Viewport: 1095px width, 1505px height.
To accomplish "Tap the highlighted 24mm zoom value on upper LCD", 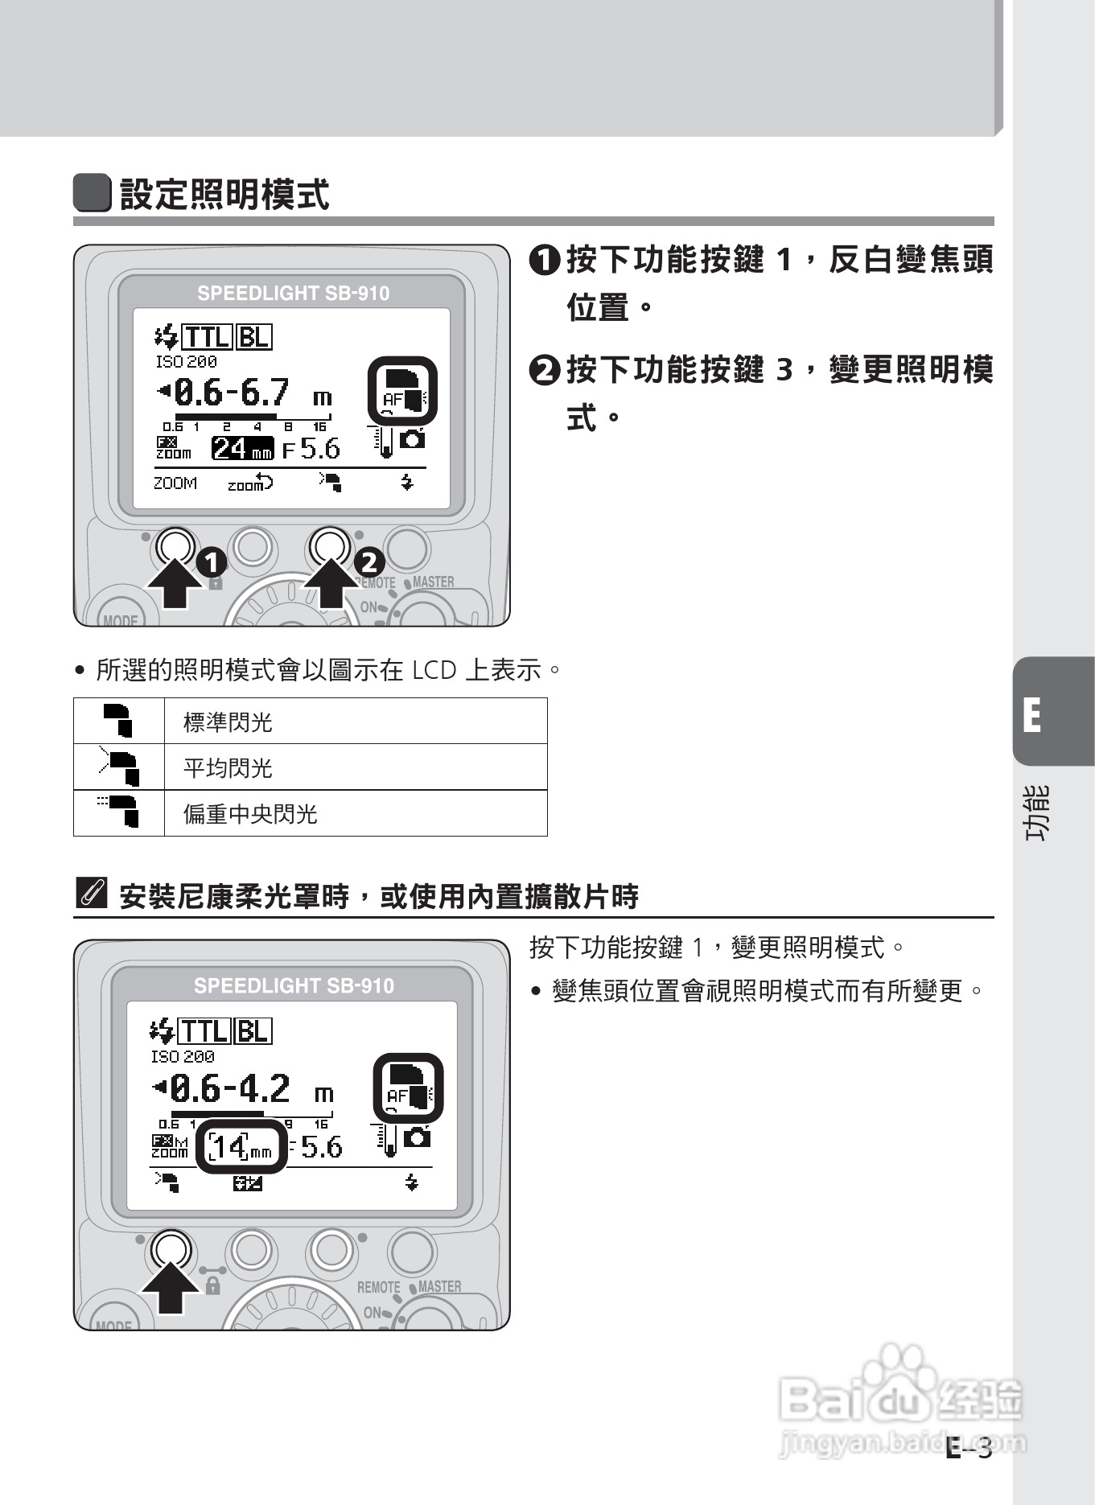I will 242,448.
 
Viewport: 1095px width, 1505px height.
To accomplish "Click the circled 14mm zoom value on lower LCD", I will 241,1146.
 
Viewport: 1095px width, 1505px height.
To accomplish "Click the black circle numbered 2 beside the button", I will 370,561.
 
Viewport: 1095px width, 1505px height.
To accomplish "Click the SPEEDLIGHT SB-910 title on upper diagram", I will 293,294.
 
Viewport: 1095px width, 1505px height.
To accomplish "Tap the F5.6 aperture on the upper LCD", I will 311,449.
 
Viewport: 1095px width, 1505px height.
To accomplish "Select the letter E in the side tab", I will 1032,714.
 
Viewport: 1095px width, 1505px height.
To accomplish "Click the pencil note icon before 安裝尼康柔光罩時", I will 91,894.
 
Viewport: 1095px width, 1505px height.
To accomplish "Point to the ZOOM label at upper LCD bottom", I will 175,483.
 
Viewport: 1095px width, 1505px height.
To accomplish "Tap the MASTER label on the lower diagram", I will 439,1286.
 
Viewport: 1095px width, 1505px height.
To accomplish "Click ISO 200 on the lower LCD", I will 183,1056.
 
